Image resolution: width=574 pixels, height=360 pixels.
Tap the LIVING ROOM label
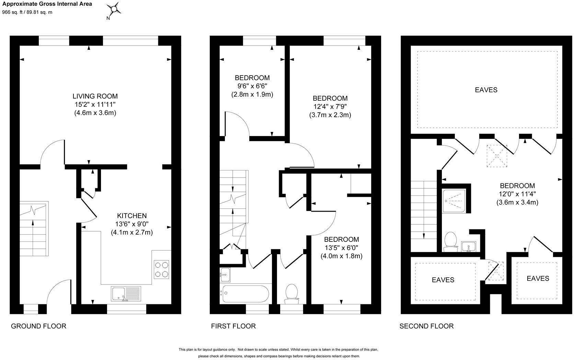[x=95, y=96]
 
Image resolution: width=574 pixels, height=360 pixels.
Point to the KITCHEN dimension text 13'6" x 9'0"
[x=132, y=224]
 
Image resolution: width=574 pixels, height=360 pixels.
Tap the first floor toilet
[x=292, y=294]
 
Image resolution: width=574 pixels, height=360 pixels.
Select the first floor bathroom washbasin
[x=225, y=274]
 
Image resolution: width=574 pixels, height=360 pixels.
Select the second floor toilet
[x=450, y=241]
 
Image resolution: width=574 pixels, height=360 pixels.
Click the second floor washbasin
[x=469, y=246]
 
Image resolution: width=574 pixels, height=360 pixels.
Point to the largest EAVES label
[x=486, y=90]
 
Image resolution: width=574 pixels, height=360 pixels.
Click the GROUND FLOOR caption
[x=38, y=326]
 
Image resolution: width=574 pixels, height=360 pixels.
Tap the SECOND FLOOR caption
[x=426, y=326]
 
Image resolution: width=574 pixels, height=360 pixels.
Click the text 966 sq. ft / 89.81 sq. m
[x=27, y=12]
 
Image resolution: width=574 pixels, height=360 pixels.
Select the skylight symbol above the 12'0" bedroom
[x=497, y=156]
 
